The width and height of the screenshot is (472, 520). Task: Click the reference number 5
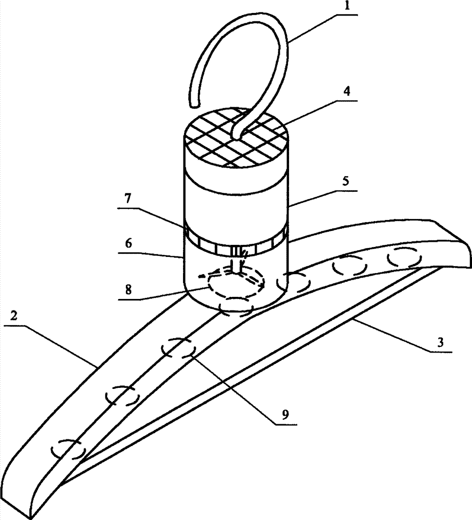[347, 183]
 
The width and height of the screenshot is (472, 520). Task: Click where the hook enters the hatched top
[237, 135]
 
